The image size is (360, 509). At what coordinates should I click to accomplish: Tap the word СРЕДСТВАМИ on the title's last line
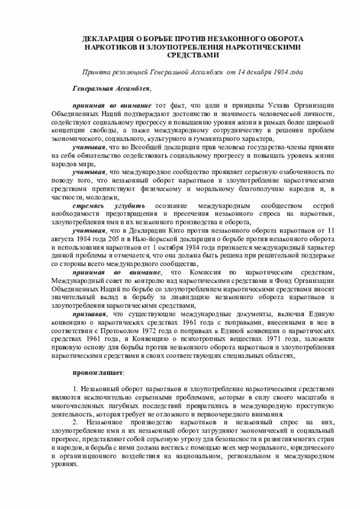pyautogui.click(x=190, y=56)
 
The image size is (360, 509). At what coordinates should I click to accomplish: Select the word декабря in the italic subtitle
pyautogui.click(x=252, y=73)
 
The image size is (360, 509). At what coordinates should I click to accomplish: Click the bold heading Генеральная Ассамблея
pyautogui.click(x=111, y=89)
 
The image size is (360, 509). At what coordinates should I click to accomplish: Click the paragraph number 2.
pyautogui.click(x=75, y=422)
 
